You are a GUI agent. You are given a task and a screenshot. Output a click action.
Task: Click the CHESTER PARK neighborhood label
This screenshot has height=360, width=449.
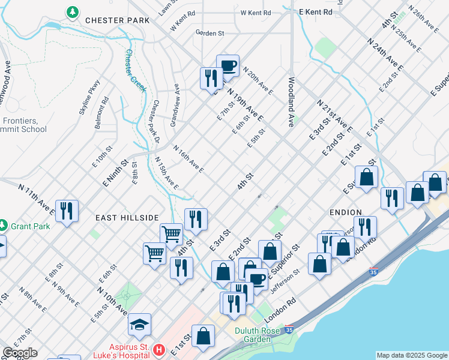click(116, 20)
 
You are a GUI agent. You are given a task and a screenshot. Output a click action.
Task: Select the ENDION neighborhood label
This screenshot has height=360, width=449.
click(345, 212)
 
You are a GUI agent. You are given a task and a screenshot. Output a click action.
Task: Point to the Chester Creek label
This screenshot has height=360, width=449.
click(135, 70)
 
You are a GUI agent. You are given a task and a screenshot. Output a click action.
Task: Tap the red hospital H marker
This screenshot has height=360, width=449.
click(159, 349)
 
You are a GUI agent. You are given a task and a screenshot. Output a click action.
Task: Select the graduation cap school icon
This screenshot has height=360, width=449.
click(140, 325)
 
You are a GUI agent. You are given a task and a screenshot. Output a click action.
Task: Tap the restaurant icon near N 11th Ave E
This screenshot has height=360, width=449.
click(66, 210)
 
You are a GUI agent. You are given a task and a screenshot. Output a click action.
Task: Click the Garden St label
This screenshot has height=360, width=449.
click(209, 34)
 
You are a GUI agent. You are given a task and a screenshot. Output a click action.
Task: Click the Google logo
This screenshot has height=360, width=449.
click(20, 353)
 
